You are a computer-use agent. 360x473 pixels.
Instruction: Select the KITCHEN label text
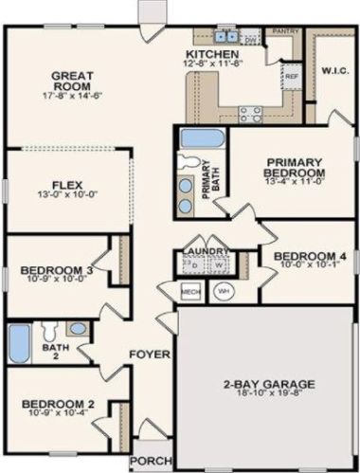(212, 56)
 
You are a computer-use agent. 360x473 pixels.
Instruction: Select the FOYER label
(151, 355)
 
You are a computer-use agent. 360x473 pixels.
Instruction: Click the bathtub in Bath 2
(21, 341)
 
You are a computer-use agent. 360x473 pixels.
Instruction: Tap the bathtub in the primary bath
(200, 138)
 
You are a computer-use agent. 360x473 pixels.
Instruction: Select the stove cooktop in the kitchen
(249, 116)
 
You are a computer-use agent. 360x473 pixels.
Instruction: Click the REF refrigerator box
(291, 75)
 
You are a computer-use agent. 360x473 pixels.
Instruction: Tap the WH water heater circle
(225, 290)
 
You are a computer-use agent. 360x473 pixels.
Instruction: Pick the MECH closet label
(189, 290)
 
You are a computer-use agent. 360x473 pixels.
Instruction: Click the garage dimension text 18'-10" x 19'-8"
(270, 398)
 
